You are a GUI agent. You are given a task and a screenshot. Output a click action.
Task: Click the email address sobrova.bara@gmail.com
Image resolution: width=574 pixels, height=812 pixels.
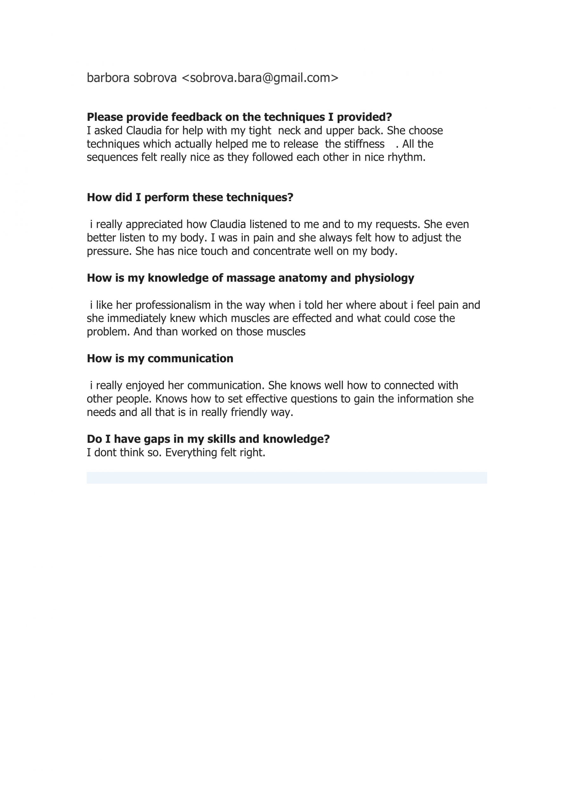click(x=260, y=78)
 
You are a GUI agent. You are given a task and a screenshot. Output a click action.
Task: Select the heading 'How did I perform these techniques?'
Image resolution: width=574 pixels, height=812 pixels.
click(x=190, y=197)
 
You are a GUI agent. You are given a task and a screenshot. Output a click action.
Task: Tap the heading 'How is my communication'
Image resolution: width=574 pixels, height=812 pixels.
click(x=160, y=358)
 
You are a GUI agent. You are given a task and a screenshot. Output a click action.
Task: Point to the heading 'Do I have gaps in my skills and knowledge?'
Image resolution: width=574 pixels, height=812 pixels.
click(x=208, y=439)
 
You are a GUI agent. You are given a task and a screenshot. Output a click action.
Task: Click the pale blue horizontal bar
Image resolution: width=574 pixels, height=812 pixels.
click(x=287, y=478)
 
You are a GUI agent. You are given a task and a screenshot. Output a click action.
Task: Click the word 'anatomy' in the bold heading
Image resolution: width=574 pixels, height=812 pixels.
click(x=303, y=278)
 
